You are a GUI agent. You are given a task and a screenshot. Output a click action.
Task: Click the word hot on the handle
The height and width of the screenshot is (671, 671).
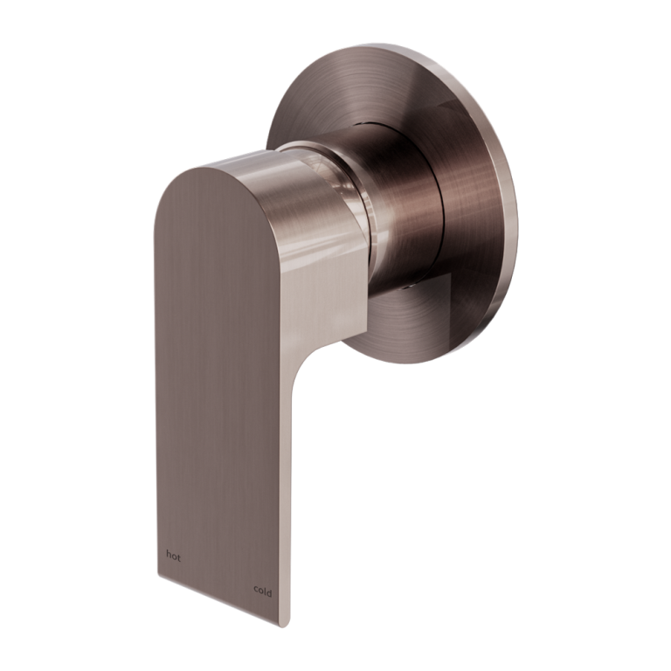[173, 556]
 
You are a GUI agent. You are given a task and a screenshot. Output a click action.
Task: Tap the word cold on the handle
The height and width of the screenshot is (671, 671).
[263, 591]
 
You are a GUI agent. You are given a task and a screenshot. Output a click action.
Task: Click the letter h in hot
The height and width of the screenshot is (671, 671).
[169, 556]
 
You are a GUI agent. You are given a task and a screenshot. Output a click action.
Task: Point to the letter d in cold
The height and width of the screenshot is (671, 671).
[269, 591]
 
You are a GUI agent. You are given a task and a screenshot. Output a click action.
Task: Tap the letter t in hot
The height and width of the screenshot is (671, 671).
[179, 557]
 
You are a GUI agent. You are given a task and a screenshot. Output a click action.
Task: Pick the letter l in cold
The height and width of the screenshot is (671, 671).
[265, 591]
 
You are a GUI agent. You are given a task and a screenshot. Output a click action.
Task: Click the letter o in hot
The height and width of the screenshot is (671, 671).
[174, 557]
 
